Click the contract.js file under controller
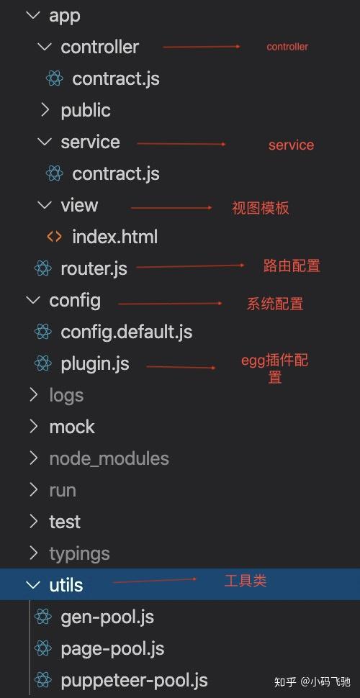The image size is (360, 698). (116, 78)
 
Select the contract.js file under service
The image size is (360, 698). (116, 173)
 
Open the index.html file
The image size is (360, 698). (115, 237)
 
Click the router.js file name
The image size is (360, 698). (94, 268)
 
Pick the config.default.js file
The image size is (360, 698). (127, 332)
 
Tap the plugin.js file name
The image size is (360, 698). (95, 363)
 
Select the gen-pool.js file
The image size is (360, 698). (107, 617)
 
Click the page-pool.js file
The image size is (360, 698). (113, 649)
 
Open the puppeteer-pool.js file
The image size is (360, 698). (134, 681)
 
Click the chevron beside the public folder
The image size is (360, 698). (45, 110)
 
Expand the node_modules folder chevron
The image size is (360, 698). (33, 458)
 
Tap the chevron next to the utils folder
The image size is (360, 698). (33, 585)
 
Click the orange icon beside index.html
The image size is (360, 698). (54, 237)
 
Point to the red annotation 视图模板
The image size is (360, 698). (261, 208)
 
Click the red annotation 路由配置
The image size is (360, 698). (292, 266)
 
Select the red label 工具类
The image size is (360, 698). (246, 581)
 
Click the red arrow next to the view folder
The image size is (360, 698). (171, 208)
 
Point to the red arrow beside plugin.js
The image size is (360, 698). (181, 367)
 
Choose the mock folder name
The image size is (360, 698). (72, 427)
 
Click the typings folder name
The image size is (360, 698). (80, 554)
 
